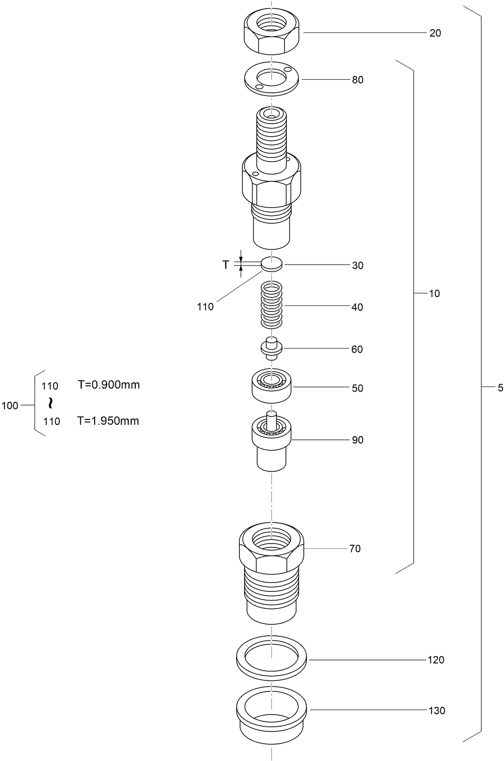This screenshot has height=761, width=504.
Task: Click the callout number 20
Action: click(x=435, y=33)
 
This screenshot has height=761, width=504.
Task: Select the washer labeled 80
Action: click(x=272, y=80)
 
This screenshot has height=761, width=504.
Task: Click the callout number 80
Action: click(x=357, y=80)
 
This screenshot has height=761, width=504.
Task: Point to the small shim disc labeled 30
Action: click(x=271, y=264)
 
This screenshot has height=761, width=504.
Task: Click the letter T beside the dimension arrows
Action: click(x=226, y=265)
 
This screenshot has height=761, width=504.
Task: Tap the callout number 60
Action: click(x=357, y=349)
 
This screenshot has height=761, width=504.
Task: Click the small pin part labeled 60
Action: click(x=271, y=349)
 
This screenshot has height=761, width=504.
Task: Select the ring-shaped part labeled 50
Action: click(x=272, y=386)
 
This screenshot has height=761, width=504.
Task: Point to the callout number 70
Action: click(x=354, y=549)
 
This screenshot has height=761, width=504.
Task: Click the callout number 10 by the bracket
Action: click(x=434, y=293)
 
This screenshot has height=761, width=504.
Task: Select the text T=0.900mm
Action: click(x=108, y=385)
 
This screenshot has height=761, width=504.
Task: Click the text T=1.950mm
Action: click(x=108, y=421)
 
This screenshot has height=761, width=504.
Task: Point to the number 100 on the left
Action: click(x=10, y=406)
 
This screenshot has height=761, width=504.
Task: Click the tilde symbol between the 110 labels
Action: click(x=50, y=403)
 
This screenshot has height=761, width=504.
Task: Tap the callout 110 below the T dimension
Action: click(x=205, y=307)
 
